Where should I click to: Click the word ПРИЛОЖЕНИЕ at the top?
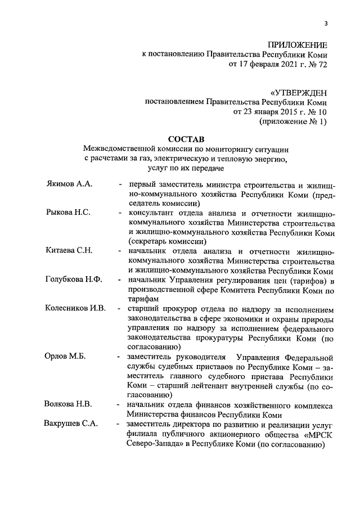tap(297, 44)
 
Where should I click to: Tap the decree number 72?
tap(320, 65)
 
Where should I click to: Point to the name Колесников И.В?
tap(75, 308)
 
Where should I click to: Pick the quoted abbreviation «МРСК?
tap(309, 434)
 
